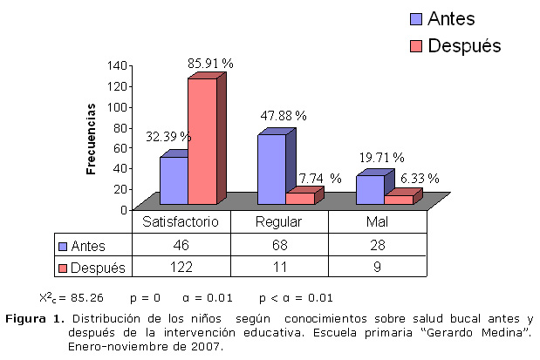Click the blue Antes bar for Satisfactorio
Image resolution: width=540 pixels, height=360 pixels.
click(x=174, y=180)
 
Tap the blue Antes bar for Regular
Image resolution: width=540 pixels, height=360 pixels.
click(x=271, y=169)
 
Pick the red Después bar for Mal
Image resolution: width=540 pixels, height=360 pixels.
click(x=399, y=200)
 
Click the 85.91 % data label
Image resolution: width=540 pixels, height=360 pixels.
click(x=210, y=64)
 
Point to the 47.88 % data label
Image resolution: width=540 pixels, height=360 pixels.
click(x=284, y=115)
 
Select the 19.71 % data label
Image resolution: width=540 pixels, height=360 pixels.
click(x=381, y=158)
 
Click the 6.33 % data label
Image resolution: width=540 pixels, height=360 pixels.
click(x=420, y=178)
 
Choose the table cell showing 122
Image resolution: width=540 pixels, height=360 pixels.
click(x=181, y=267)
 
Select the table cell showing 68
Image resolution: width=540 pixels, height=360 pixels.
click(x=278, y=245)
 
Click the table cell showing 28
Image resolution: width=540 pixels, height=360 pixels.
click(x=378, y=245)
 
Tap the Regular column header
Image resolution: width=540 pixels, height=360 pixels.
click(x=278, y=222)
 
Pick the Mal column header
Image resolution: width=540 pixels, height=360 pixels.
click(x=378, y=222)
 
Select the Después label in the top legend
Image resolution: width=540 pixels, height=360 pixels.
click(x=464, y=46)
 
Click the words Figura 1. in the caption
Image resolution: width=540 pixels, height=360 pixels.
click(x=35, y=317)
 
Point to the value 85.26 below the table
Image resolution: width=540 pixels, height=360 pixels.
click(x=85, y=296)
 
